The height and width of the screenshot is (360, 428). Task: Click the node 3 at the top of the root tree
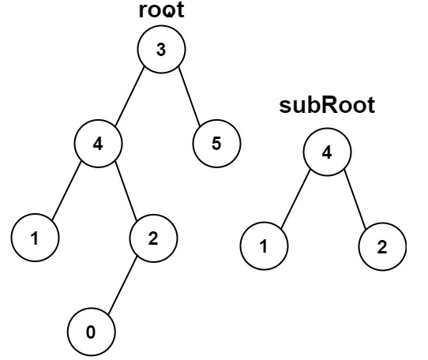coord(161,50)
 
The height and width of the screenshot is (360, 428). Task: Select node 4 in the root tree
coord(99,144)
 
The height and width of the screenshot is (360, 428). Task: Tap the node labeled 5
coord(216,144)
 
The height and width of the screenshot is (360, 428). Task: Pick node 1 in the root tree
coord(35,238)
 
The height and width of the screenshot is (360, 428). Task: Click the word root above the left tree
coord(160,11)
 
